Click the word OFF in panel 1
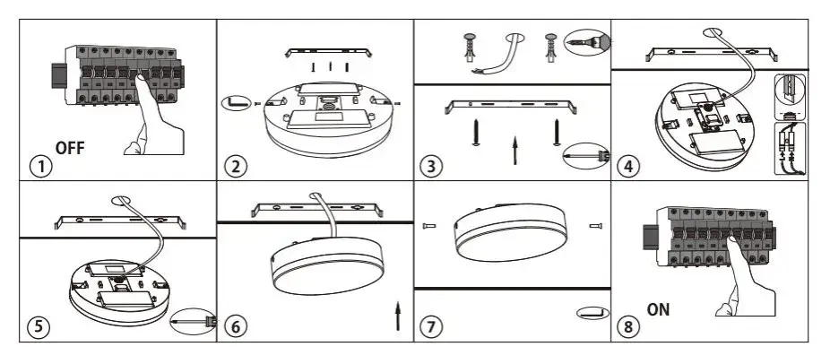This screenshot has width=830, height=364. (69, 148)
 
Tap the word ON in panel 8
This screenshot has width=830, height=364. (658, 309)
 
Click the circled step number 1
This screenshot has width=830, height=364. (40, 167)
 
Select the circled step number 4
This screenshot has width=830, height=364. (627, 167)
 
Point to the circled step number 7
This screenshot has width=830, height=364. (431, 326)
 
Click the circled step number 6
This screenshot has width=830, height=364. (235, 326)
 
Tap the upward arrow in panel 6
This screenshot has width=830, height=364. (398, 316)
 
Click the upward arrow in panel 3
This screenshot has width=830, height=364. (514, 150)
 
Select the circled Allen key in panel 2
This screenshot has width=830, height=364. (236, 103)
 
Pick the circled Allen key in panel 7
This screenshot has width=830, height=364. (592, 313)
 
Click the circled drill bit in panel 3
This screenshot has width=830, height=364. (587, 42)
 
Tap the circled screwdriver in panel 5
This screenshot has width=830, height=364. (194, 321)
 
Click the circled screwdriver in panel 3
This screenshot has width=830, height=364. (586, 156)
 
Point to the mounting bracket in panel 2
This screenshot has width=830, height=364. (328, 52)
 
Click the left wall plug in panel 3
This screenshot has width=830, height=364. (470, 48)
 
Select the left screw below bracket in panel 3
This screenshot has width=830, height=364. (476, 133)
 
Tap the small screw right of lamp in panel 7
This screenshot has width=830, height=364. (595, 226)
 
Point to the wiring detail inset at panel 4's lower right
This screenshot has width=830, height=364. (790, 148)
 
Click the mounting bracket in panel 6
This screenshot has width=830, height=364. (317, 209)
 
